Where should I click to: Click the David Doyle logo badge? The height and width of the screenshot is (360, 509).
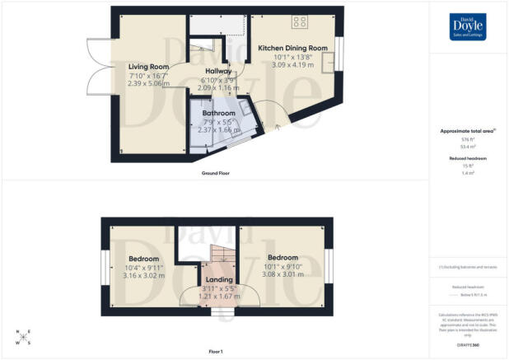tap(468, 26)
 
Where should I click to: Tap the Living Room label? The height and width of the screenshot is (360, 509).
tap(148, 67)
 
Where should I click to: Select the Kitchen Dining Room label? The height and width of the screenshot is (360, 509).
tap(292, 49)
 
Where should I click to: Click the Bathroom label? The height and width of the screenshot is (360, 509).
tap(220, 113)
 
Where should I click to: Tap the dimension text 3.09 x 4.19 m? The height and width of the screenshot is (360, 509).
tap(292, 65)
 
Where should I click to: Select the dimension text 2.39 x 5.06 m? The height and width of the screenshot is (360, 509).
tap(148, 83)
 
